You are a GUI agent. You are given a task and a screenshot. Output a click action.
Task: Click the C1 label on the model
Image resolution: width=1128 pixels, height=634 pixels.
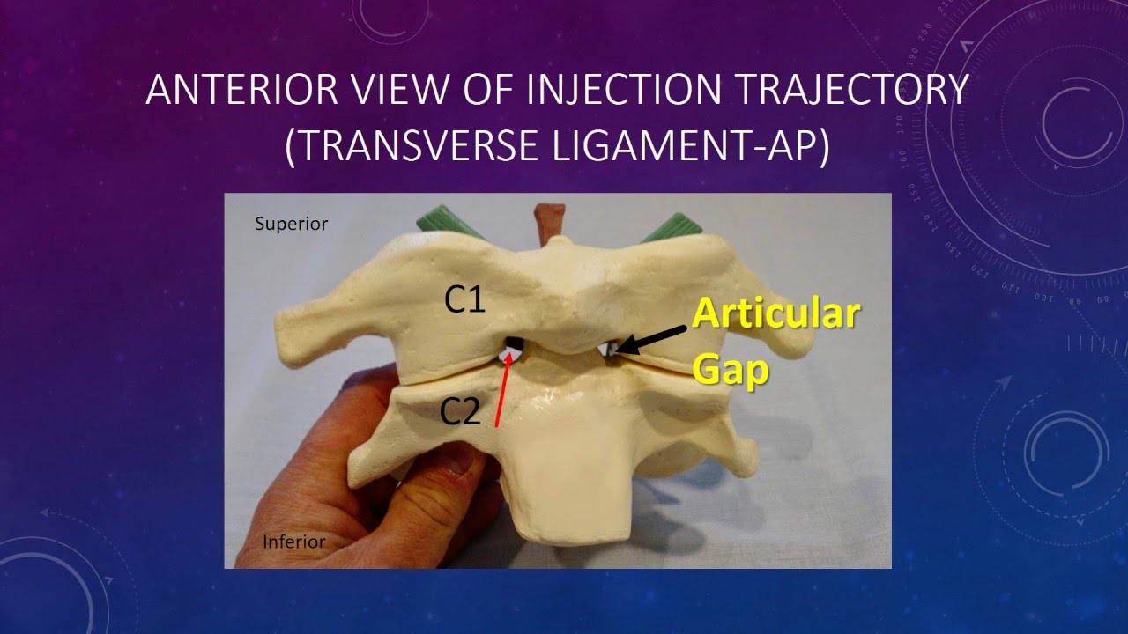tap(464, 300)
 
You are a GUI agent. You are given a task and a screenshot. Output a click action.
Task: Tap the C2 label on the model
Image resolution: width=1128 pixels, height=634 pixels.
tap(460, 411)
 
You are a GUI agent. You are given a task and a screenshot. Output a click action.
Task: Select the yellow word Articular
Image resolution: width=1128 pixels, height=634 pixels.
tap(775, 313)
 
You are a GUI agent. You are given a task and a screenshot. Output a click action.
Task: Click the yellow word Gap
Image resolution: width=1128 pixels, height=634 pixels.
tap(731, 370)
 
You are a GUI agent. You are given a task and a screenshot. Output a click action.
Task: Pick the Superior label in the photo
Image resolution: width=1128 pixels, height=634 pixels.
tap(291, 224)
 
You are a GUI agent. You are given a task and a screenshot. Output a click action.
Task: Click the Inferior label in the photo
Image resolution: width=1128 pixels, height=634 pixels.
tap(293, 542)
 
